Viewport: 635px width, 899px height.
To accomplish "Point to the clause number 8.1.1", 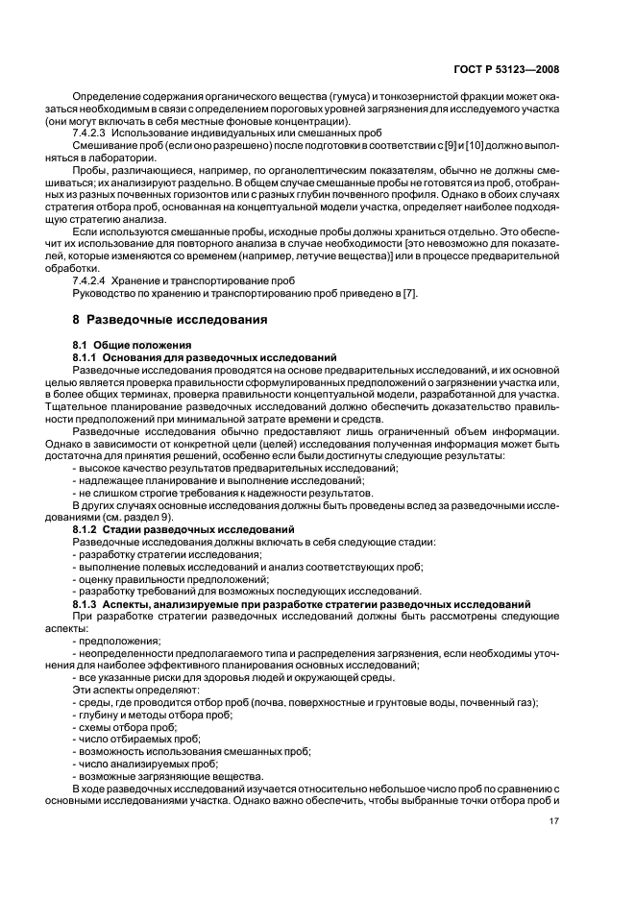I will pyautogui.click(x=87, y=355).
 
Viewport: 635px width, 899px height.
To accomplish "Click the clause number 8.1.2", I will pyautogui.click(x=87, y=529).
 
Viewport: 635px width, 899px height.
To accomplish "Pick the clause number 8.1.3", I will pyautogui.click(x=87, y=604).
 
